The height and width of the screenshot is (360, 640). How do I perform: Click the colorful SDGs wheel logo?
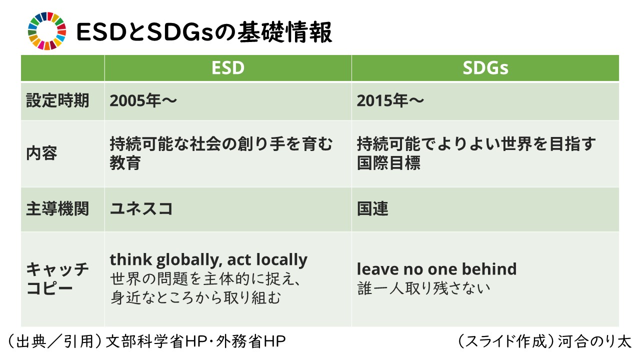(x=47, y=31)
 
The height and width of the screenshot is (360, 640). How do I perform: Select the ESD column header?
(x=228, y=68)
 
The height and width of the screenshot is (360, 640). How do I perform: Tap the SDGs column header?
(x=485, y=68)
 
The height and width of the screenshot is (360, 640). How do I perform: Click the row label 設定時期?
(x=57, y=100)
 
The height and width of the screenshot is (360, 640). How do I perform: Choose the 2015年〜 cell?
(x=390, y=100)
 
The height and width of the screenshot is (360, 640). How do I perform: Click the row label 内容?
(x=41, y=153)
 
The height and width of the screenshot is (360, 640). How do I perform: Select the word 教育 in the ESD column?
(x=125, y=163)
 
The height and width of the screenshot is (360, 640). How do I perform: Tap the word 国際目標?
(x=388, y=163)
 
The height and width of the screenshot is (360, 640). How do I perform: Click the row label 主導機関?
(x=57, y=208)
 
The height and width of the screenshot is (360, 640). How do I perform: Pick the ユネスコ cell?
(x=141, y=208)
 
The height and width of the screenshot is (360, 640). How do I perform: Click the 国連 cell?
(x=372, y=208)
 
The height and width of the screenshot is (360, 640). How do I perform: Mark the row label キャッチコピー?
(x=57, y=279)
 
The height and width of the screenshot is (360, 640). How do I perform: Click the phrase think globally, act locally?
(x=208, y=260)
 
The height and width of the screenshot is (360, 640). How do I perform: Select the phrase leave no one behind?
(x=436, y=269)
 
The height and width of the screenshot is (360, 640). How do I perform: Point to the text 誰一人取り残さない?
(x=423, y=288)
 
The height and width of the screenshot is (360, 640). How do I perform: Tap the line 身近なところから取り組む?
(x=195, y=298)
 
